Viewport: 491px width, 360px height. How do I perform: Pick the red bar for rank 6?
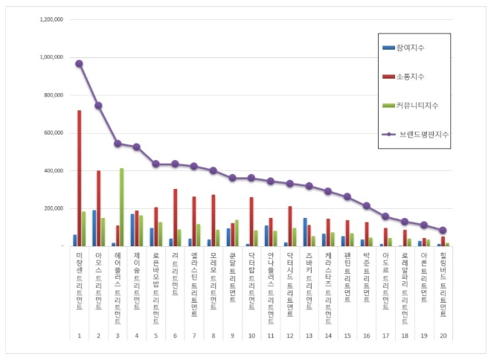point(176,217)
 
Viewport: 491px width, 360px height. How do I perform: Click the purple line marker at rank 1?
point(79,64)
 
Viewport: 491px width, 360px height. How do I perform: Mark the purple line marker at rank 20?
point(443,231)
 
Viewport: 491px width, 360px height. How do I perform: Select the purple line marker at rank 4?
point(136,147)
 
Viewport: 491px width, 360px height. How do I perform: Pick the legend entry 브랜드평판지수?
point(420,134)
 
